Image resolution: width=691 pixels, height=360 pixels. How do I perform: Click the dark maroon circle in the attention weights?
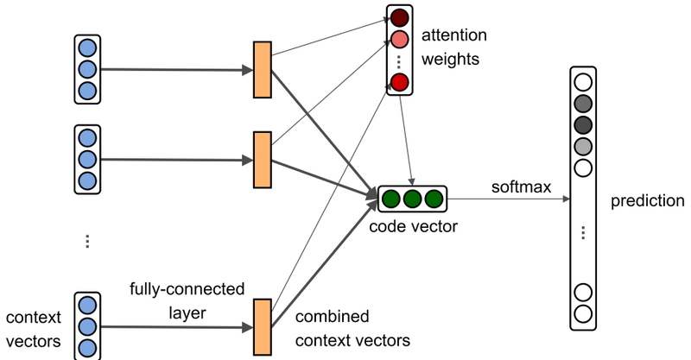tap(398, 17)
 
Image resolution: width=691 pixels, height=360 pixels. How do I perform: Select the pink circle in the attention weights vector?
tap(398, 40)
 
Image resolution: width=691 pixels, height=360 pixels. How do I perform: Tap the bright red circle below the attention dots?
tap(398, 82)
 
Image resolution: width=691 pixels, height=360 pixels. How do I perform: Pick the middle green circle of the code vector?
tap(412, 199)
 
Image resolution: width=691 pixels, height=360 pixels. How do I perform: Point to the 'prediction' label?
tap(647, 201)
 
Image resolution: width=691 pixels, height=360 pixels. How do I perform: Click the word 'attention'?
tap(454, 37)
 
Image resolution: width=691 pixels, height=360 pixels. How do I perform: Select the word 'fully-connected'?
tap(187, 287)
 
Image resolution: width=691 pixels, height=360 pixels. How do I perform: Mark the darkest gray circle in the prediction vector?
tap(583, 124)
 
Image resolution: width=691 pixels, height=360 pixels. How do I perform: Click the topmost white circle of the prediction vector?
tap(583, 83)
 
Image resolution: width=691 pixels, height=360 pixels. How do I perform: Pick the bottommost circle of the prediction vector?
tap(583, 313)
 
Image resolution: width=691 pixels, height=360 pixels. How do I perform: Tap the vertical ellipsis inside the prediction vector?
tap(583, 231)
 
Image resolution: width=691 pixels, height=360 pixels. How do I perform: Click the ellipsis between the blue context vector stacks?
tap(87, 241)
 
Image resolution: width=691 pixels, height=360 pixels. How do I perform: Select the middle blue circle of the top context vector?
tap(87, 69)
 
